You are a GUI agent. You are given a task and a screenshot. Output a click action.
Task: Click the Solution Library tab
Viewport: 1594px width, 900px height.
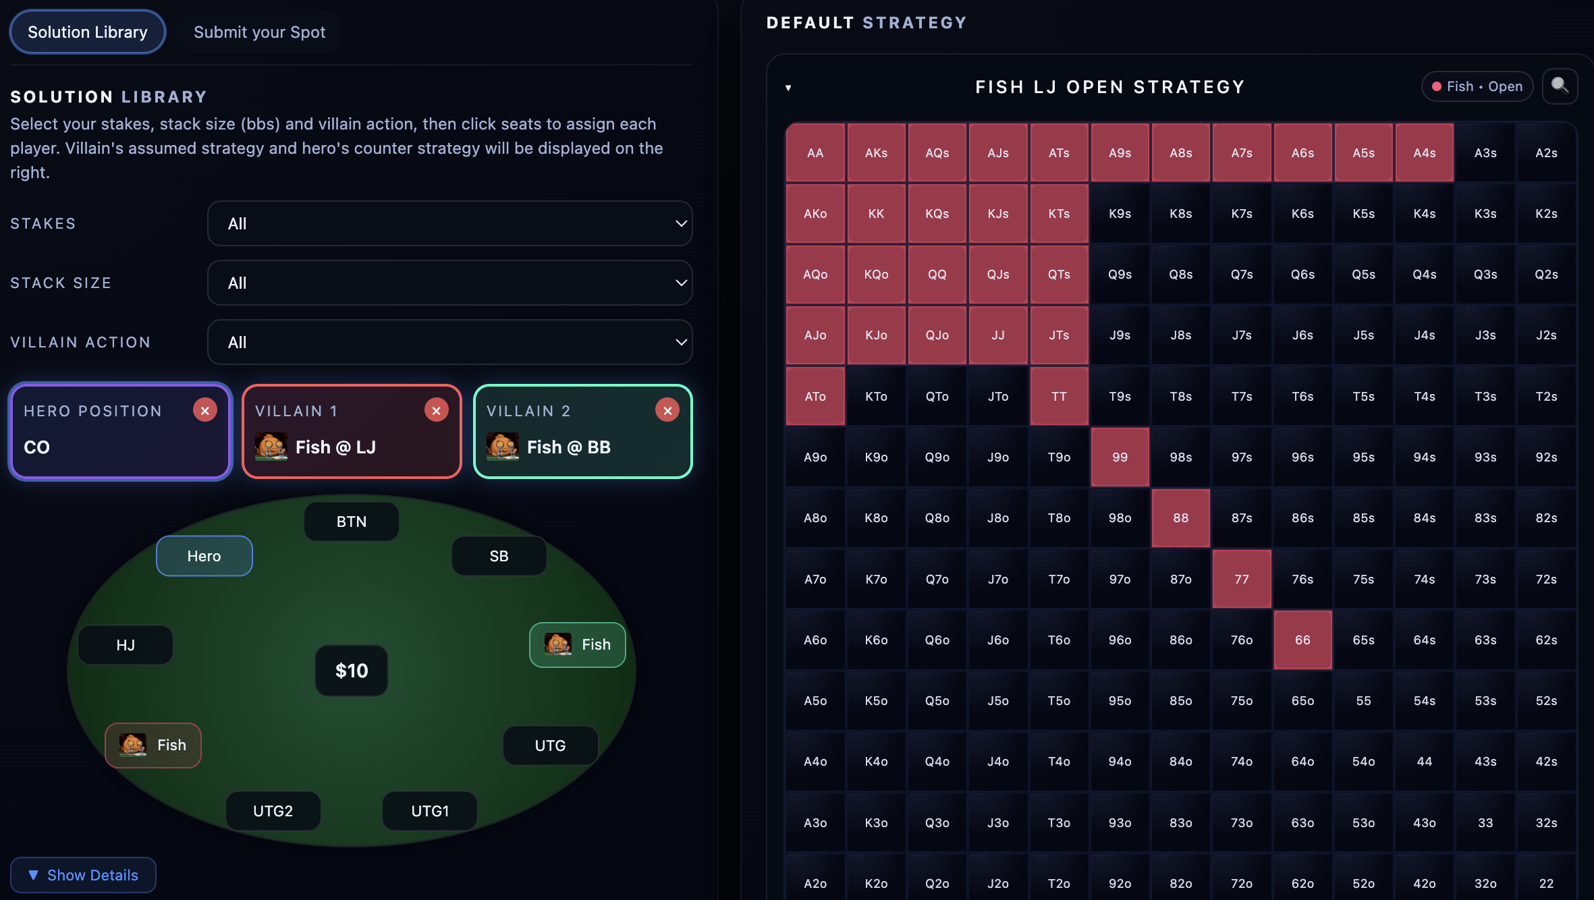tap(88, 32)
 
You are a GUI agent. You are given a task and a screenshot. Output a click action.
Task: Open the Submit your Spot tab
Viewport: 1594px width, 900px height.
tap(259, 32)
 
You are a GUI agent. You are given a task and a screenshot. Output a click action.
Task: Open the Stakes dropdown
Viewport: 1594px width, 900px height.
tap(449, 223)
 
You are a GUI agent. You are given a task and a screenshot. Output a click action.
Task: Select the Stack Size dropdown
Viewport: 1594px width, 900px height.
tap(449, 283)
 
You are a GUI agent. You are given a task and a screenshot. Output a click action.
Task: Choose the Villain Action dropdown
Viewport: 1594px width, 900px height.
tap(449, 342)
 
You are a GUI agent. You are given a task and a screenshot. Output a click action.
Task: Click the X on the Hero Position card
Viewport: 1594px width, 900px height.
tap(204, 410)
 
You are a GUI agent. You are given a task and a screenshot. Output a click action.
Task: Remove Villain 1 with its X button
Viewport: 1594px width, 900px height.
tap(436, 410)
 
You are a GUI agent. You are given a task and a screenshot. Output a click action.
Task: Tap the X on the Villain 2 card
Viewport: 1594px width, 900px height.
tap(667, 410)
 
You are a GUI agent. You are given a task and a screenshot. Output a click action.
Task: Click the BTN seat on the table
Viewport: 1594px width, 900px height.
tap(351, 522)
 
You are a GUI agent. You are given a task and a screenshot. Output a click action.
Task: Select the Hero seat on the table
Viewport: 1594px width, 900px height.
tap(204, 556)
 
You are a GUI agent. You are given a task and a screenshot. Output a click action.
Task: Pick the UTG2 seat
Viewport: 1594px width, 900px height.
tap(273, 811)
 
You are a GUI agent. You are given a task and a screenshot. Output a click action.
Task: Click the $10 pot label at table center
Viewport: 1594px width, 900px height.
tap(352, 671)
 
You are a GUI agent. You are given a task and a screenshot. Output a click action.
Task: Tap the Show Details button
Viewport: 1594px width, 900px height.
tap(83, 875)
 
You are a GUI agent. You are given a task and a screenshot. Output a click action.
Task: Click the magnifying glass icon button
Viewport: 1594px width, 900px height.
tap(1560, 86)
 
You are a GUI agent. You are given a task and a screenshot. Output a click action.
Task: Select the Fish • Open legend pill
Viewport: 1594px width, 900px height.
tap(1477, 86)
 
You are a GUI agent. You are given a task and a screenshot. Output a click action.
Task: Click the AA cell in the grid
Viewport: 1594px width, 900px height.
tap(815, 153)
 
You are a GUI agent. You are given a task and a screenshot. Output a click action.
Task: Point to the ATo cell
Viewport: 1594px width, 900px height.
tap(815, 397)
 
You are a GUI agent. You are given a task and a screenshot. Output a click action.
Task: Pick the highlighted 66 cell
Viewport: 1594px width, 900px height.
tap(1302, 640)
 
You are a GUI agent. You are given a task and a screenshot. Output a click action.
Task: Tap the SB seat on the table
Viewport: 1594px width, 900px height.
tap(499, 556)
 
